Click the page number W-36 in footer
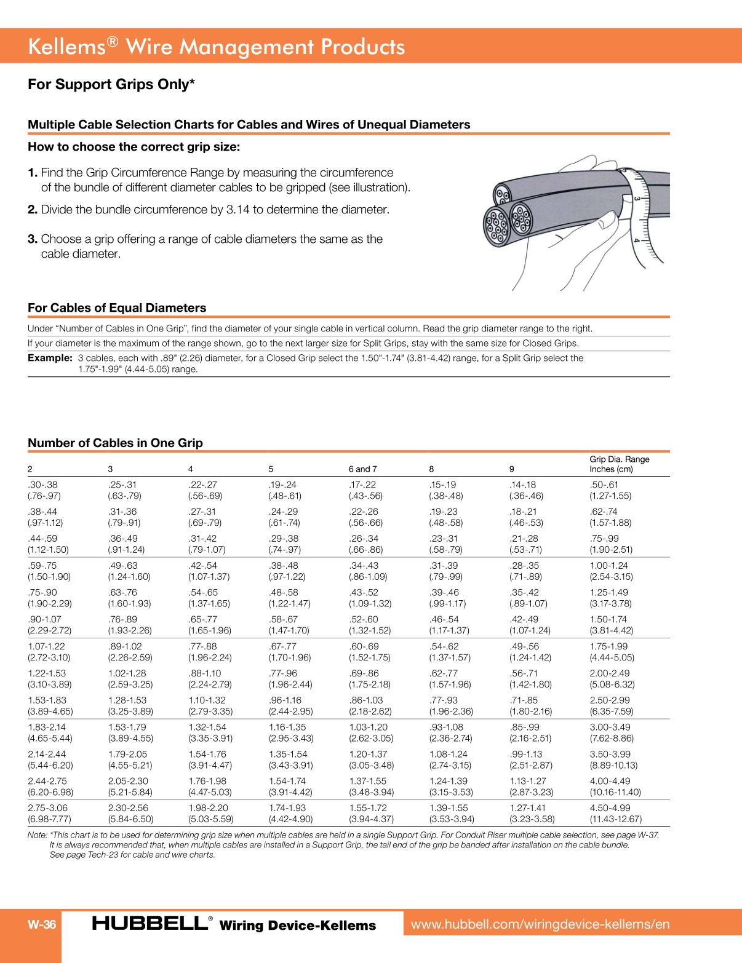point(42,924)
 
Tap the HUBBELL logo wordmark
point(150,923)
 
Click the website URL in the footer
point(540,924)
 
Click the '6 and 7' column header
point(362,469)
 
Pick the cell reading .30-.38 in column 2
point(42,485)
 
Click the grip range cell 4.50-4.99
point(610,808)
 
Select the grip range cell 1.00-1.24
point(610,566)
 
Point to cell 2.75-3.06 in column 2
point(47,808)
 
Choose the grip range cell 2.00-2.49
point(610,673)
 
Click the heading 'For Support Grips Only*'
point(111,84)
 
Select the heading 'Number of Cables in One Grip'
point(115,443)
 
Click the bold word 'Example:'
point(50,358)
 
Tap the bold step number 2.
point(32,210)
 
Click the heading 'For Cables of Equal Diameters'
point(117,307)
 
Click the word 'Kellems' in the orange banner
point(66,47)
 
